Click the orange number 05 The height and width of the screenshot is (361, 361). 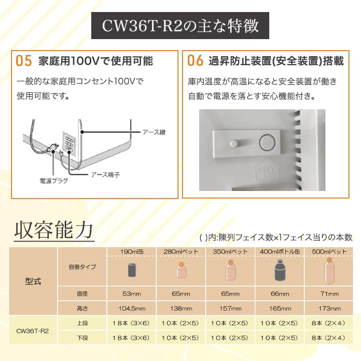[x=24, y=61]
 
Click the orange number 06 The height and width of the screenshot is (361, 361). [x=195, y=61]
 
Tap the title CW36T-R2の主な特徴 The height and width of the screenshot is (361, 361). [x=180, y=26]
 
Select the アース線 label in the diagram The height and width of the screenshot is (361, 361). [x=153, y=132]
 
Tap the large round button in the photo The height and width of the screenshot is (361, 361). [x=268, y=143]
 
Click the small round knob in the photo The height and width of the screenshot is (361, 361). [x=233, y=144]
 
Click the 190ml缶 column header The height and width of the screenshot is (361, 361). [x=132, y=251]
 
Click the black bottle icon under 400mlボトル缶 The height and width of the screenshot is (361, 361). [x=280, y=271]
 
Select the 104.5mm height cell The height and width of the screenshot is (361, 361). [x=132, y=308]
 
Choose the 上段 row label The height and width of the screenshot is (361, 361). [x=82, y=323]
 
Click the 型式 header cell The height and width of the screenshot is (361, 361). [x=34, y=281]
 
